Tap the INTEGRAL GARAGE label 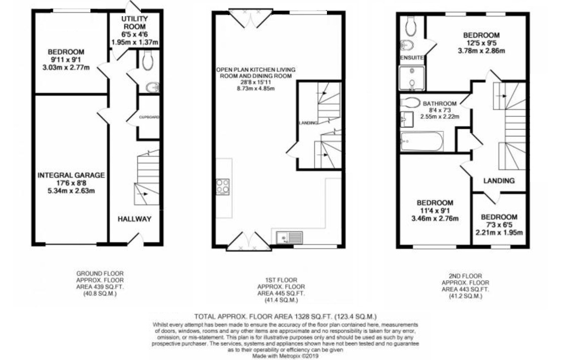click(x=71, y=175)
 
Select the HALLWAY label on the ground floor click(x=134, y=219)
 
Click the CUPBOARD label click(x=150, y=117)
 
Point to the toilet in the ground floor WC click(x=148, y=61)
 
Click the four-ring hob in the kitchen click(x=222, y=187)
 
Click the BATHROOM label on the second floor click(x=440, y=104)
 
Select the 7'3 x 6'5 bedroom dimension click(x=498, y=225)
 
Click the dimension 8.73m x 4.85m click(x=256, y=88)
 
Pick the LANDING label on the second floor click(x=498, y=181)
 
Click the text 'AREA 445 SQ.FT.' click(x=281, y=293)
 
